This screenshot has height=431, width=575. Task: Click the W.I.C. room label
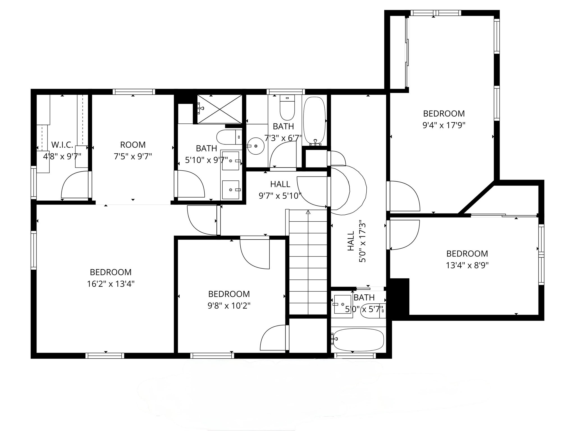pos(62,145)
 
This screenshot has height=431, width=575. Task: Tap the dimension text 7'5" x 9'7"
pos(133,156)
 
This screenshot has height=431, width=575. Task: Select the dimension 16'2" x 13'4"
pos(111,284)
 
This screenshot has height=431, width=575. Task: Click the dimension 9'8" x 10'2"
pos(229,306)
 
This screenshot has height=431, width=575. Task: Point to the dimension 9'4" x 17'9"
pos(444,125)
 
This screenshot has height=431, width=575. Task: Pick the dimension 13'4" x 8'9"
pos(467,265)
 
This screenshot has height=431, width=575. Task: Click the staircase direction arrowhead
pos(308,212)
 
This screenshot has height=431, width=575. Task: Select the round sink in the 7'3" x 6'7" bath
pos(255,146)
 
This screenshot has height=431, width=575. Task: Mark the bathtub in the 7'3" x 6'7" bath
pos(314,121)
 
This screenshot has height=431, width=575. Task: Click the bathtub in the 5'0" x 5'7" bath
pos(359,340)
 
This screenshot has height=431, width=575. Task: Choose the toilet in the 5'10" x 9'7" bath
pos(229,137)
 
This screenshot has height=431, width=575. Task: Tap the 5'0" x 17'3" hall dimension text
pos(362,243)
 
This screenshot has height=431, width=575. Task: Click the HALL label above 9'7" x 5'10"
pos(280,184)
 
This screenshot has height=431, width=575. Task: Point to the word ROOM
pos(133,145)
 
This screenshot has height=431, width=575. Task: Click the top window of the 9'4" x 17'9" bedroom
pos(436,13)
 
